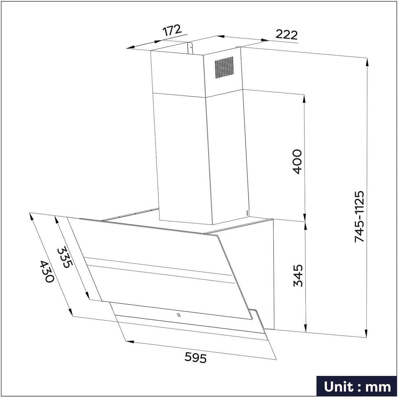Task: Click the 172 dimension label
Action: point(172,31)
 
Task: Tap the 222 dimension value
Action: point(287,35)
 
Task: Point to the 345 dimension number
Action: point(298,276)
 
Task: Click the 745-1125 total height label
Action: point(359,216)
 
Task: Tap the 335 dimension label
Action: point(65,257)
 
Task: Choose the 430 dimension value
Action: point(47,272)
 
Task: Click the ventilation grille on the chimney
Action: point(224,67)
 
